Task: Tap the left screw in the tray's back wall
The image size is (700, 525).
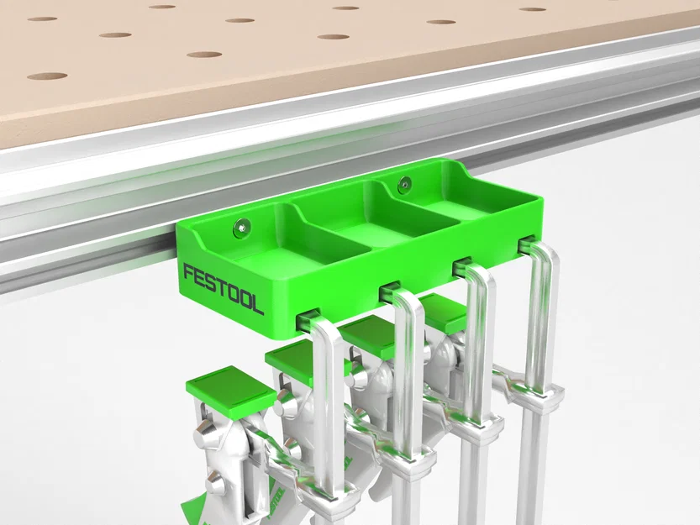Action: coord(242,224)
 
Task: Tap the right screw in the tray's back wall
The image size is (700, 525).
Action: coord(405,182)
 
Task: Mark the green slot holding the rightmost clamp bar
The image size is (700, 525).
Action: coord(526,244)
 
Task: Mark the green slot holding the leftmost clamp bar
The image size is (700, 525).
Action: coord(308,320)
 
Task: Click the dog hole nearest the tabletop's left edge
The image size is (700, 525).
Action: coord(46,76)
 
